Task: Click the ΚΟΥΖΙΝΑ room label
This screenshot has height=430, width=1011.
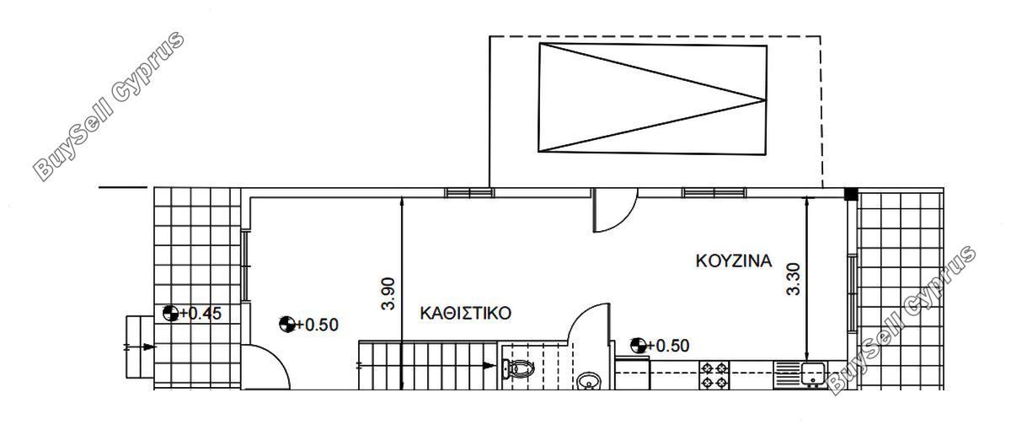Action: [x=734, y=261]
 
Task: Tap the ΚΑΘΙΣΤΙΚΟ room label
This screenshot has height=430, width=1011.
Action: [x=465, y=313]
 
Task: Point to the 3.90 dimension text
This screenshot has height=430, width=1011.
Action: [x=388, y=293]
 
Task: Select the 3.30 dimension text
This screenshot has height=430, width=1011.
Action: [x=793, y=279]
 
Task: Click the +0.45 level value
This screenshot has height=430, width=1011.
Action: [x=201, y=313]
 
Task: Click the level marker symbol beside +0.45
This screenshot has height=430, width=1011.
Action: [x=170, y=313]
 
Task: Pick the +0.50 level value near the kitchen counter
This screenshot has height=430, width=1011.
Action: [x=668, y=346]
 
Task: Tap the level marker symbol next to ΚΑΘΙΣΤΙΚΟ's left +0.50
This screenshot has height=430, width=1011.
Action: [x=287, y=325]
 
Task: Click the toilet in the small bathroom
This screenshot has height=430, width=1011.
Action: [x=518, y=368]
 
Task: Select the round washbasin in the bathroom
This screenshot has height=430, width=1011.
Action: [x=589, y=381]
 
